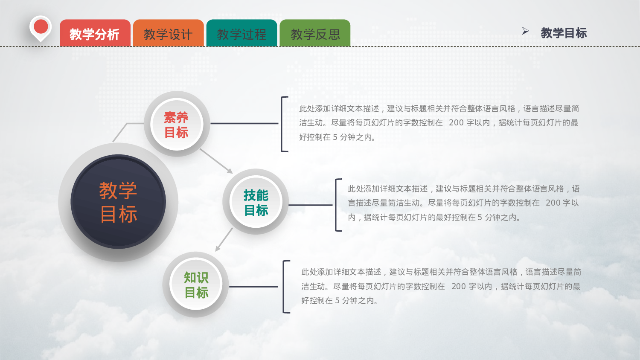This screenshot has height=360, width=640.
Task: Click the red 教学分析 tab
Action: point(95,33)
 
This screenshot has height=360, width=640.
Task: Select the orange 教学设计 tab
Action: point(168,33)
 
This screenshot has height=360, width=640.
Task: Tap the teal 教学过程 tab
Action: point(241,33)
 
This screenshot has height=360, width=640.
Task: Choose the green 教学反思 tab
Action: point(315,33)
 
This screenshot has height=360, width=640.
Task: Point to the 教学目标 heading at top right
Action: point(564,33)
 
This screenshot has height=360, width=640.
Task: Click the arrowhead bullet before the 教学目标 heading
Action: point(525,31)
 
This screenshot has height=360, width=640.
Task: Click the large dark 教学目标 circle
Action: point(118,202)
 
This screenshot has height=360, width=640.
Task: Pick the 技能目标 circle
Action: point(256,202)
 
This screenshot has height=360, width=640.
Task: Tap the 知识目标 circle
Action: point(196,285)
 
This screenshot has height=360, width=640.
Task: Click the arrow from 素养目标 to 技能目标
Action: point(216,161)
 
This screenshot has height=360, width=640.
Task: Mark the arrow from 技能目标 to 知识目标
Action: point(224,239)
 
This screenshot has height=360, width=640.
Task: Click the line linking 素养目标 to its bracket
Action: point(244,124)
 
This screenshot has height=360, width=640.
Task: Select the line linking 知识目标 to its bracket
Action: point(253,287)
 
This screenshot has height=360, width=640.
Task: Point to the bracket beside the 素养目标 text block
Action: point(283,124)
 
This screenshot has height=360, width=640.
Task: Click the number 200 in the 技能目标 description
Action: point(553,203)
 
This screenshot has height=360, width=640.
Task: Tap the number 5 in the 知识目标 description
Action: point(337,301)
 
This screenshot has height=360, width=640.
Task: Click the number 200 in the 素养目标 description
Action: point(456,123)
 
